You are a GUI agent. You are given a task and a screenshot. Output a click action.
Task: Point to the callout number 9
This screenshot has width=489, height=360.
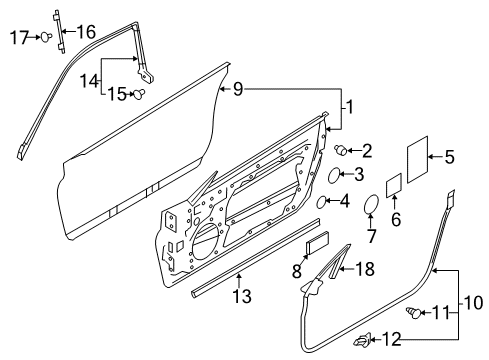[x=237, y=91]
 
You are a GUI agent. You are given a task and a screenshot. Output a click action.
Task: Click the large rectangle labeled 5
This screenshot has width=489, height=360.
[x=418, y=157]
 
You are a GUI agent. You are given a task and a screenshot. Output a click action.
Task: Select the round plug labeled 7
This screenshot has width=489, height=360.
[x=369, y=206]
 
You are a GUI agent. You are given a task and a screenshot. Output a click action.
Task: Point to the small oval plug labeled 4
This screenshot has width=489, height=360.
[x=324, y=203]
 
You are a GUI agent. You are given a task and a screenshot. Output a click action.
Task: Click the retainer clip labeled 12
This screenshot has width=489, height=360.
[x=359, y=342]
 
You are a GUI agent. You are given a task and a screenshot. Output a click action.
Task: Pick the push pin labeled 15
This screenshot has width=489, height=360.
[x=140, y=95]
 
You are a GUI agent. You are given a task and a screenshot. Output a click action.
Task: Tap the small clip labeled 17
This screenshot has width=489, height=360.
[x=46, y=37]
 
